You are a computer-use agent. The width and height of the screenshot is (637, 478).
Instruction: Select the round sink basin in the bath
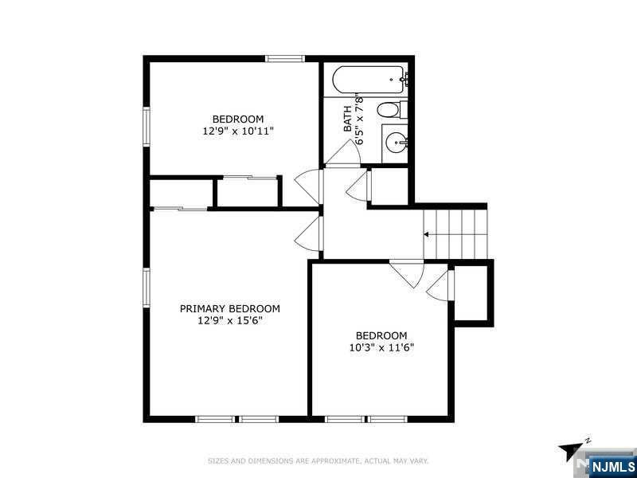click(396, 143)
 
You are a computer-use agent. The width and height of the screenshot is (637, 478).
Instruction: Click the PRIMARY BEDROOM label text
click(230, 308)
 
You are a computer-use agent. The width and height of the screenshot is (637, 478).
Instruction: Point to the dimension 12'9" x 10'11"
click(238, 131)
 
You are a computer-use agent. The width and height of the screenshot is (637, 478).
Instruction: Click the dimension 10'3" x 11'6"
click(381, 348)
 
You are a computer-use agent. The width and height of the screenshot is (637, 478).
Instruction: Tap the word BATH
click(348, 119)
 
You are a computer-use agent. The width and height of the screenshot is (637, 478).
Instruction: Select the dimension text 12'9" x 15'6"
click(230, 321)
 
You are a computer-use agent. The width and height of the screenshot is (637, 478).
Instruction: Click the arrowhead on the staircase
click(426, 234)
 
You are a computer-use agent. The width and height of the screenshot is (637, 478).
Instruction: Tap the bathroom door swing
click(344, 153)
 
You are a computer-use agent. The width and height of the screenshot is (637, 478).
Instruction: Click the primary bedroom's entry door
click(309, 233)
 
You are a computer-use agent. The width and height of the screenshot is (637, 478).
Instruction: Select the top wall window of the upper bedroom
click(285, 58)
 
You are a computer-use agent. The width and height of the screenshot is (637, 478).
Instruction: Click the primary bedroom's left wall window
click(147, 287)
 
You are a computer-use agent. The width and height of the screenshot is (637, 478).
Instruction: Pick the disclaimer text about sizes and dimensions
click(318, 461)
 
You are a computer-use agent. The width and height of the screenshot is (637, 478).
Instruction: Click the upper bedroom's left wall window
click(147, 126)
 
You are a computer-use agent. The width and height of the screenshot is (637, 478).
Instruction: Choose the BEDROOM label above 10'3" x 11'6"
click(381, 335)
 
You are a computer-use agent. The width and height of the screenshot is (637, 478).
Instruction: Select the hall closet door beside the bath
click(358, 186)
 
